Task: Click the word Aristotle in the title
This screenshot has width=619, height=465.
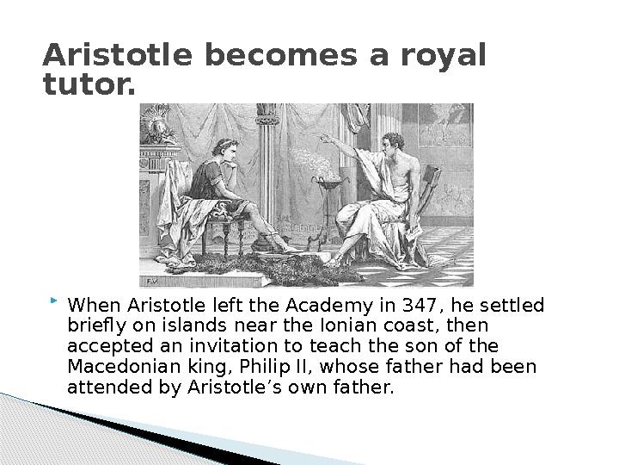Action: pyautogui.click(x=118, y=55)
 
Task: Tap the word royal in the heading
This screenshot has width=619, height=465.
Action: pyautogui.click(x=444, y=57)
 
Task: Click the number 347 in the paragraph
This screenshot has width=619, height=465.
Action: pyautogui.click(x=420, y=305)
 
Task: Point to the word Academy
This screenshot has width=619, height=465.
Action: pyautogui.click(x=328, y=306)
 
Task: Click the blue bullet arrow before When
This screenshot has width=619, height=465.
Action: pyautogui.click(x=54, y=301)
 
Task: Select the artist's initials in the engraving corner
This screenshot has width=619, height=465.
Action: pyautogui.click(x=152, y=282)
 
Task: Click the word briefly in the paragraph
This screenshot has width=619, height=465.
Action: pyautogui.click(x=96, y=326)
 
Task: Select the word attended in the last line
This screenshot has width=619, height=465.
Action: pyautogui.click(x=110, y=387)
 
